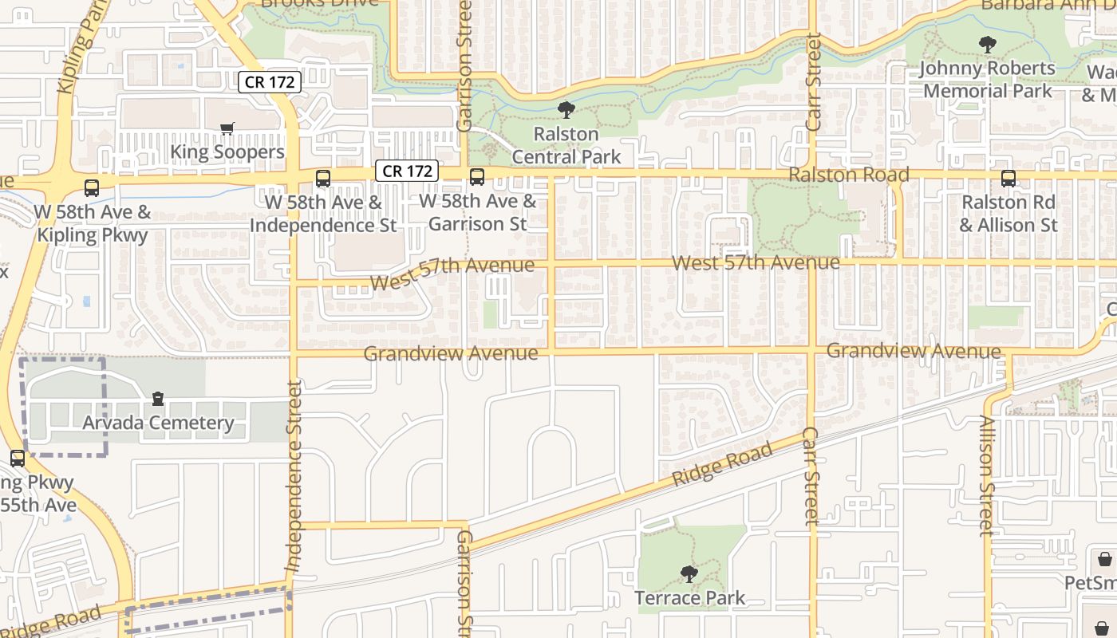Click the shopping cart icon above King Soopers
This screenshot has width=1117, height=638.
(227, 128)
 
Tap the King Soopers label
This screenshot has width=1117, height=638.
(227, 152)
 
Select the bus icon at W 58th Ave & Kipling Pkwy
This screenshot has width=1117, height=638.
(92, 188)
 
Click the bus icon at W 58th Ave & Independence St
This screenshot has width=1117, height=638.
(322, 179)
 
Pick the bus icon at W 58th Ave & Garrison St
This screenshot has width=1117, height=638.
(477, 177)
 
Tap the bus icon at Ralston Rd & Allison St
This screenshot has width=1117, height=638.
(1008, 179)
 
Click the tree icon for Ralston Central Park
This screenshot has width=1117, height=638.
(566, 109)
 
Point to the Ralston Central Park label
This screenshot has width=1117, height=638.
(566, 145)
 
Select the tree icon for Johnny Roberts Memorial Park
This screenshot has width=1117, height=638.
(988, 45)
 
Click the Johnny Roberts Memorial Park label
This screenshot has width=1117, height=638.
(988, 79)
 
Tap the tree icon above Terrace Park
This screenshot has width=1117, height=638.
(689, 573)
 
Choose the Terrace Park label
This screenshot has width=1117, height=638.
(689, 597)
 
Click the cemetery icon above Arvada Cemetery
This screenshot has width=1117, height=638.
(158, 398)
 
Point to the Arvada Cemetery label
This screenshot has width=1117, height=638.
(158, 423)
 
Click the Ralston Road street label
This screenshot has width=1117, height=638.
(849, 175)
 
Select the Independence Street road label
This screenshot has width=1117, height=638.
(294, 476)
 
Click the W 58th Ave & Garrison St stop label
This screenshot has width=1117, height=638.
(477, 213)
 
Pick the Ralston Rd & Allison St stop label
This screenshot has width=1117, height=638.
(1008, 214)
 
